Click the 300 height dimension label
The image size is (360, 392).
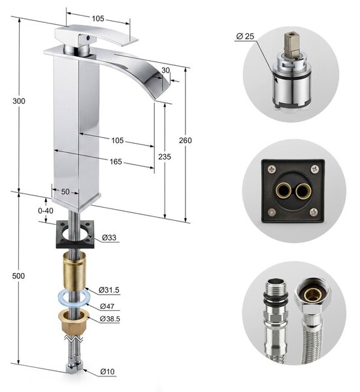coord(19,101)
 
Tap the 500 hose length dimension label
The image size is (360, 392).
coord(18,276)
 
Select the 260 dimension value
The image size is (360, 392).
coord(186,140)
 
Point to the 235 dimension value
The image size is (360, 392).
coord(165,157)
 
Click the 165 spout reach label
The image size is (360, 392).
coord(116,162)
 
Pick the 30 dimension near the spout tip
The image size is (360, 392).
coord(165,71)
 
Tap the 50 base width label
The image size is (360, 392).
coord(65,191)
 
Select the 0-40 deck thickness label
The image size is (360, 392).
coord(46,211)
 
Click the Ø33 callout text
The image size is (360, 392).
coord(109,237)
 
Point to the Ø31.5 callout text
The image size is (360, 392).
coord(108,290)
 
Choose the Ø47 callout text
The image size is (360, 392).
coord(107,306)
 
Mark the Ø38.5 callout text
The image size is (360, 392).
coord(110,319)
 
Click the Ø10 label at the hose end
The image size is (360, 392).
coord(107,372)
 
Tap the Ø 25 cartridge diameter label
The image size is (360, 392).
coord(245,36)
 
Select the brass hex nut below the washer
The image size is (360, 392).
coord(74,322)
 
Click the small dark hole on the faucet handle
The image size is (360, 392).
coord(88,38)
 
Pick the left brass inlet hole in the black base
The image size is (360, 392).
coord(283,191)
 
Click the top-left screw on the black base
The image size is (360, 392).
coord(272,169)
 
